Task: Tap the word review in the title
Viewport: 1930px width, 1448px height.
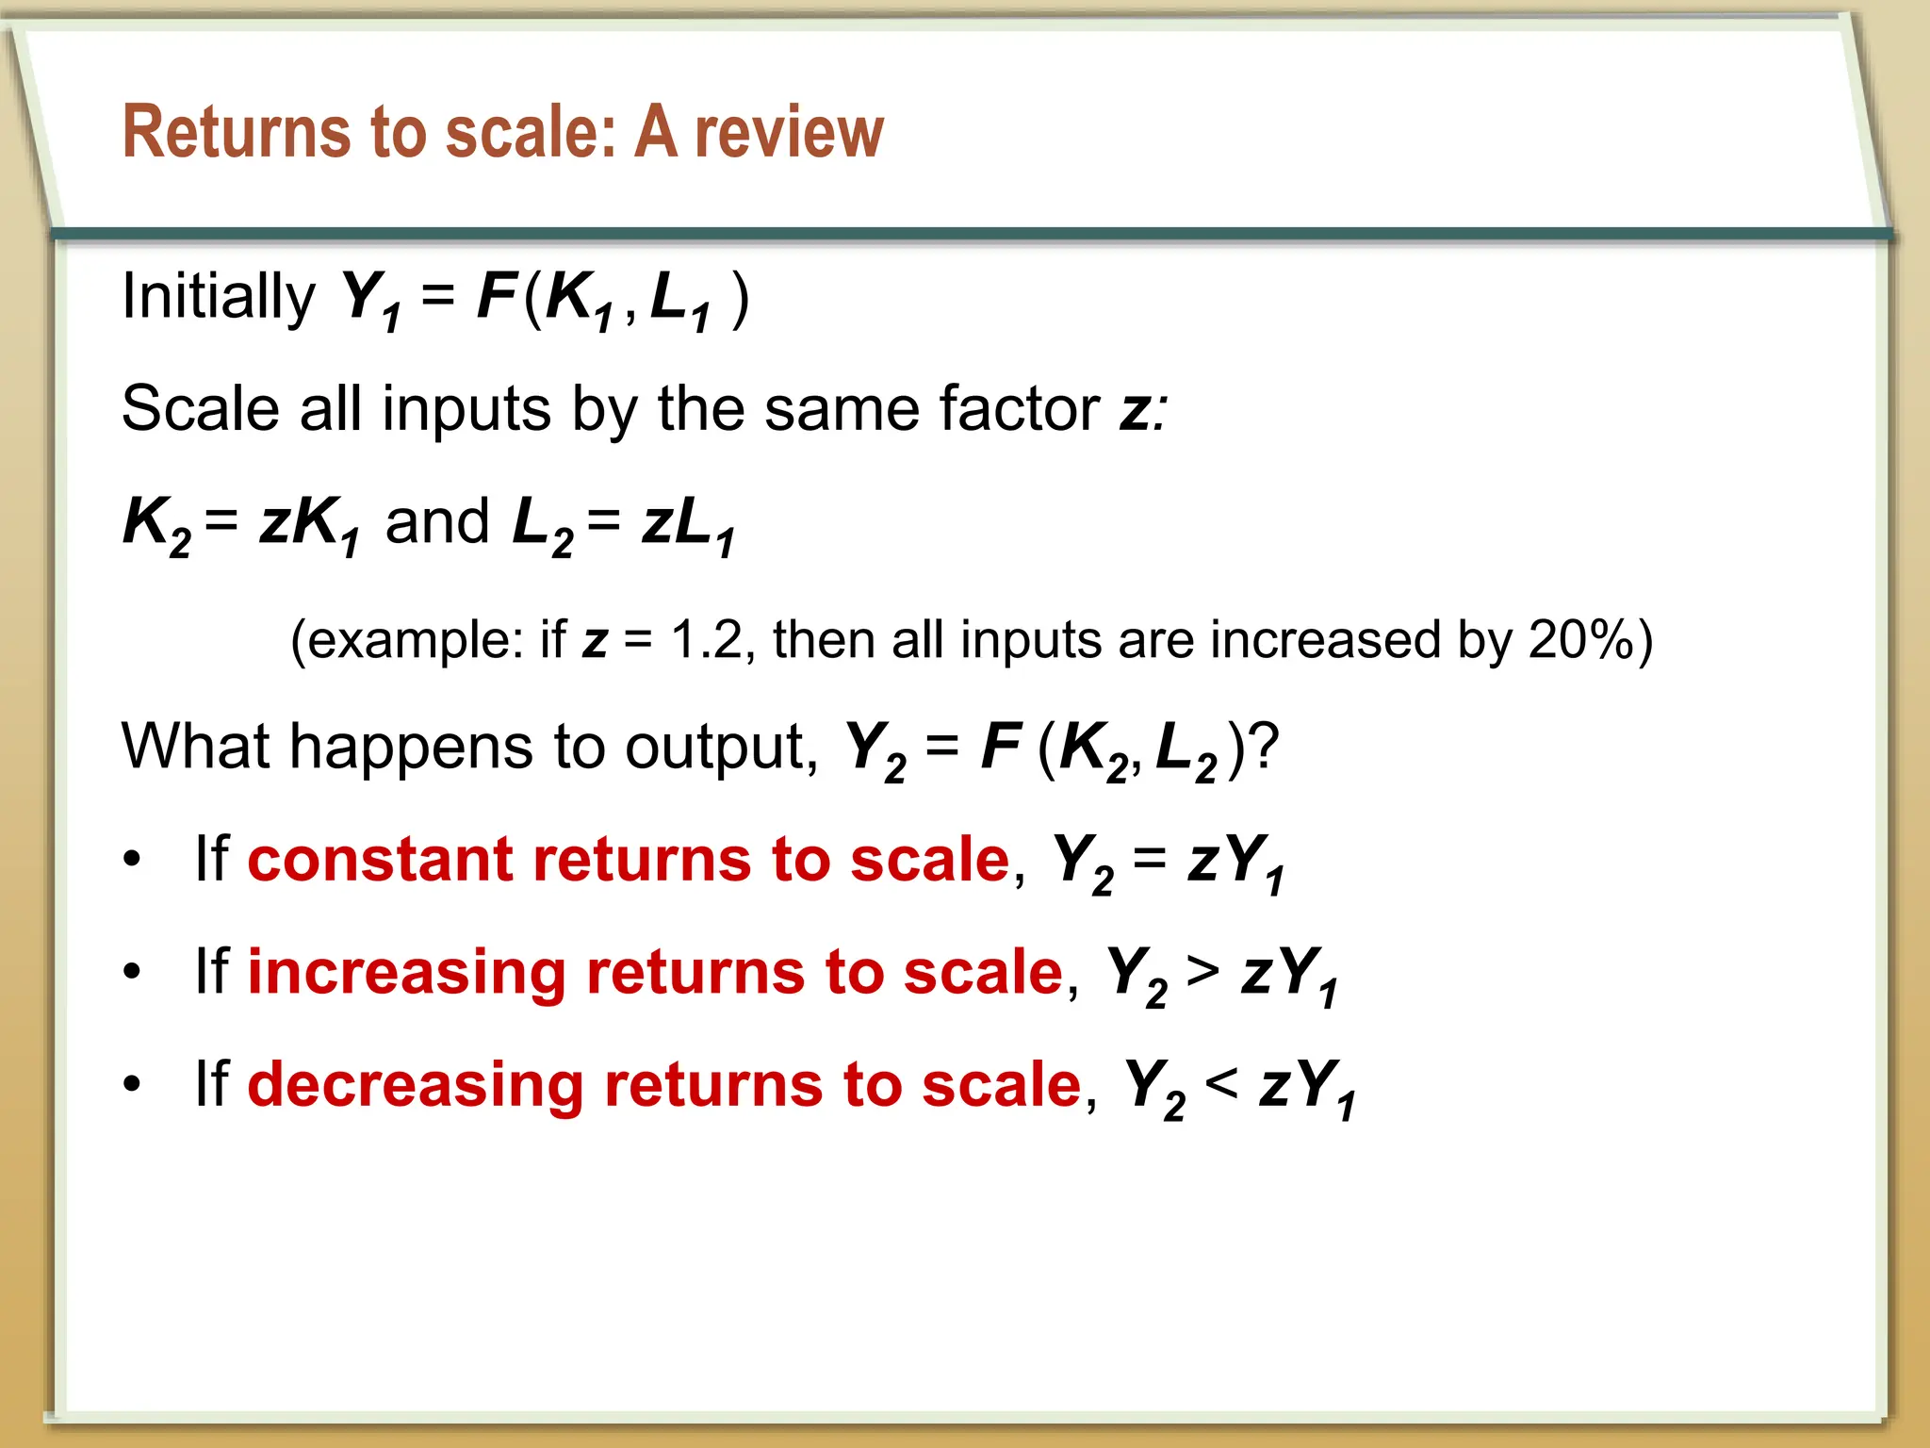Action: [789, 132]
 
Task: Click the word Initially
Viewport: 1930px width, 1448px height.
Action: [218, 297]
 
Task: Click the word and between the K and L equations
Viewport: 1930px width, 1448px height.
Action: [437, 521]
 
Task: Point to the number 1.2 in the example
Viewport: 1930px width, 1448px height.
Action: [706, 640]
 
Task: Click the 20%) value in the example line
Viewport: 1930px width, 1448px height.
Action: [1590, 640]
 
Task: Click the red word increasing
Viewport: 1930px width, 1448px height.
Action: [406, 972]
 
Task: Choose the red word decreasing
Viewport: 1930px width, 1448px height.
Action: [416, 1085]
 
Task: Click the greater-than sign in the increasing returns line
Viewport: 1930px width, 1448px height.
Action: [1202, 972]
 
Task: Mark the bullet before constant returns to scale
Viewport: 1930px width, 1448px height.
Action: [132, 860]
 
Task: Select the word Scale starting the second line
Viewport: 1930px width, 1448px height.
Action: [201, 409]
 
